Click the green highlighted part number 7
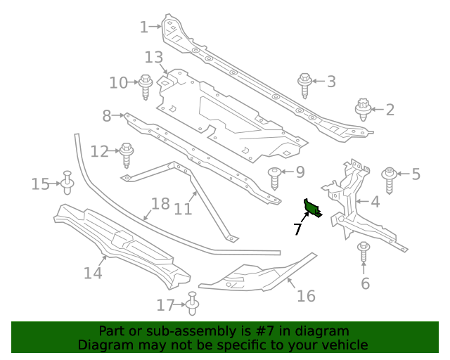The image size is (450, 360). tap(311, 207)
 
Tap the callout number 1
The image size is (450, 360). tap(144, 27)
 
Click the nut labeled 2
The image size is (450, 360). tap(364, 109)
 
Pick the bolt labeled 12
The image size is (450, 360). tap(127, 153)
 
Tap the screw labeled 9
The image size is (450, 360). tap(275, 177)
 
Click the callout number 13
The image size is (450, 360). tap(154, 57)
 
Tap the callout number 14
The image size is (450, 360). tap(93, 272)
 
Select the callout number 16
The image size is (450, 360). tap(306, 296)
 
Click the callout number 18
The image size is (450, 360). tap(160, 204)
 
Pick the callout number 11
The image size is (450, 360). tap(183, 209)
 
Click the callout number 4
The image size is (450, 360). tap(375, 202)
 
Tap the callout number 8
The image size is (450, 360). tap(107, 115)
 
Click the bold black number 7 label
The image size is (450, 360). tap(297, 229)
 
